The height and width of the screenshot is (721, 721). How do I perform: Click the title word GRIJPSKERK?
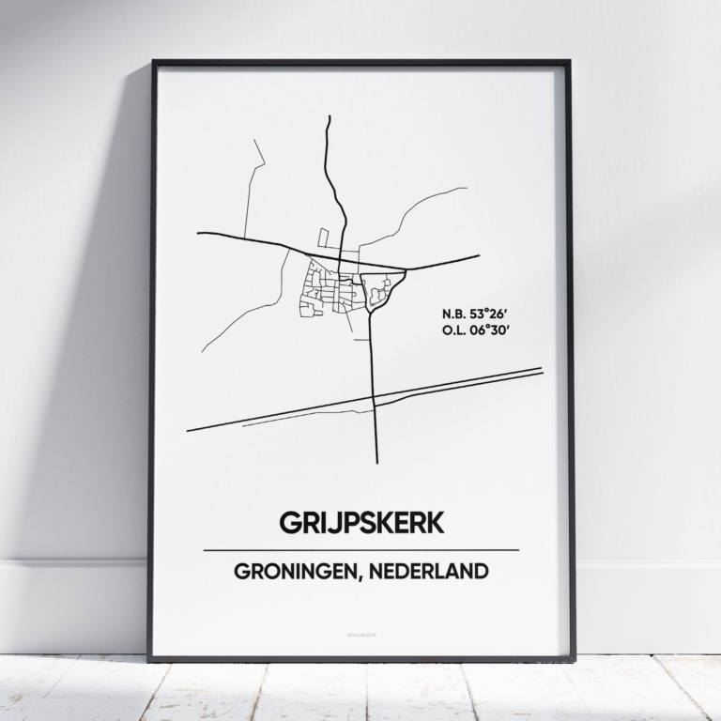[x=360, y=524]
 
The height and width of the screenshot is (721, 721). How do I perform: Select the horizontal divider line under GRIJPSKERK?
[x=360, y=549]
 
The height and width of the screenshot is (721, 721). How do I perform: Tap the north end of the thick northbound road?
[x=330, y=117]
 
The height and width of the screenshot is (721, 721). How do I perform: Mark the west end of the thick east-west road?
[x=199, y=233]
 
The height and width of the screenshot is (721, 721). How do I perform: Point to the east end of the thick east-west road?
[x=478, y=255]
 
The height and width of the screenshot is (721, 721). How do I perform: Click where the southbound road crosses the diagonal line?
[x=374, y=401]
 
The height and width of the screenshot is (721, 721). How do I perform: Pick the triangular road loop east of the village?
[x=383, y=285]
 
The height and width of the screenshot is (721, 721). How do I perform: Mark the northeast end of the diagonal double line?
[x=542, y=370]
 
